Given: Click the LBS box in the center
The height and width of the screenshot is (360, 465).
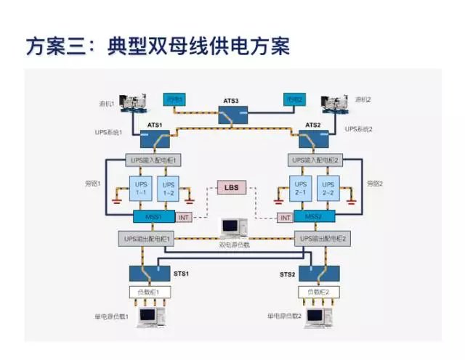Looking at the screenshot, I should tap(232, 189).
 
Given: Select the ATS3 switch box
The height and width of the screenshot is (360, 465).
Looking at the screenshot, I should tap(233, 115).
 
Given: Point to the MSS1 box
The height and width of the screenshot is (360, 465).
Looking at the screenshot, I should tap(153, 217).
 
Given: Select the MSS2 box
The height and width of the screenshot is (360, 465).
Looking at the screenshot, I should tap(314, 217).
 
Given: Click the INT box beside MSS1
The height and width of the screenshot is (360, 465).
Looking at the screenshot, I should tap(185, 217).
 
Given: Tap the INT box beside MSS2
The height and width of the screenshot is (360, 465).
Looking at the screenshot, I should tap(286, 217).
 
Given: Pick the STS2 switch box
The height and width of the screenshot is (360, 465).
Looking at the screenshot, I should tap(315, 274).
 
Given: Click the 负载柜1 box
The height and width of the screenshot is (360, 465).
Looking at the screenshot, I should tap(153, 293).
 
